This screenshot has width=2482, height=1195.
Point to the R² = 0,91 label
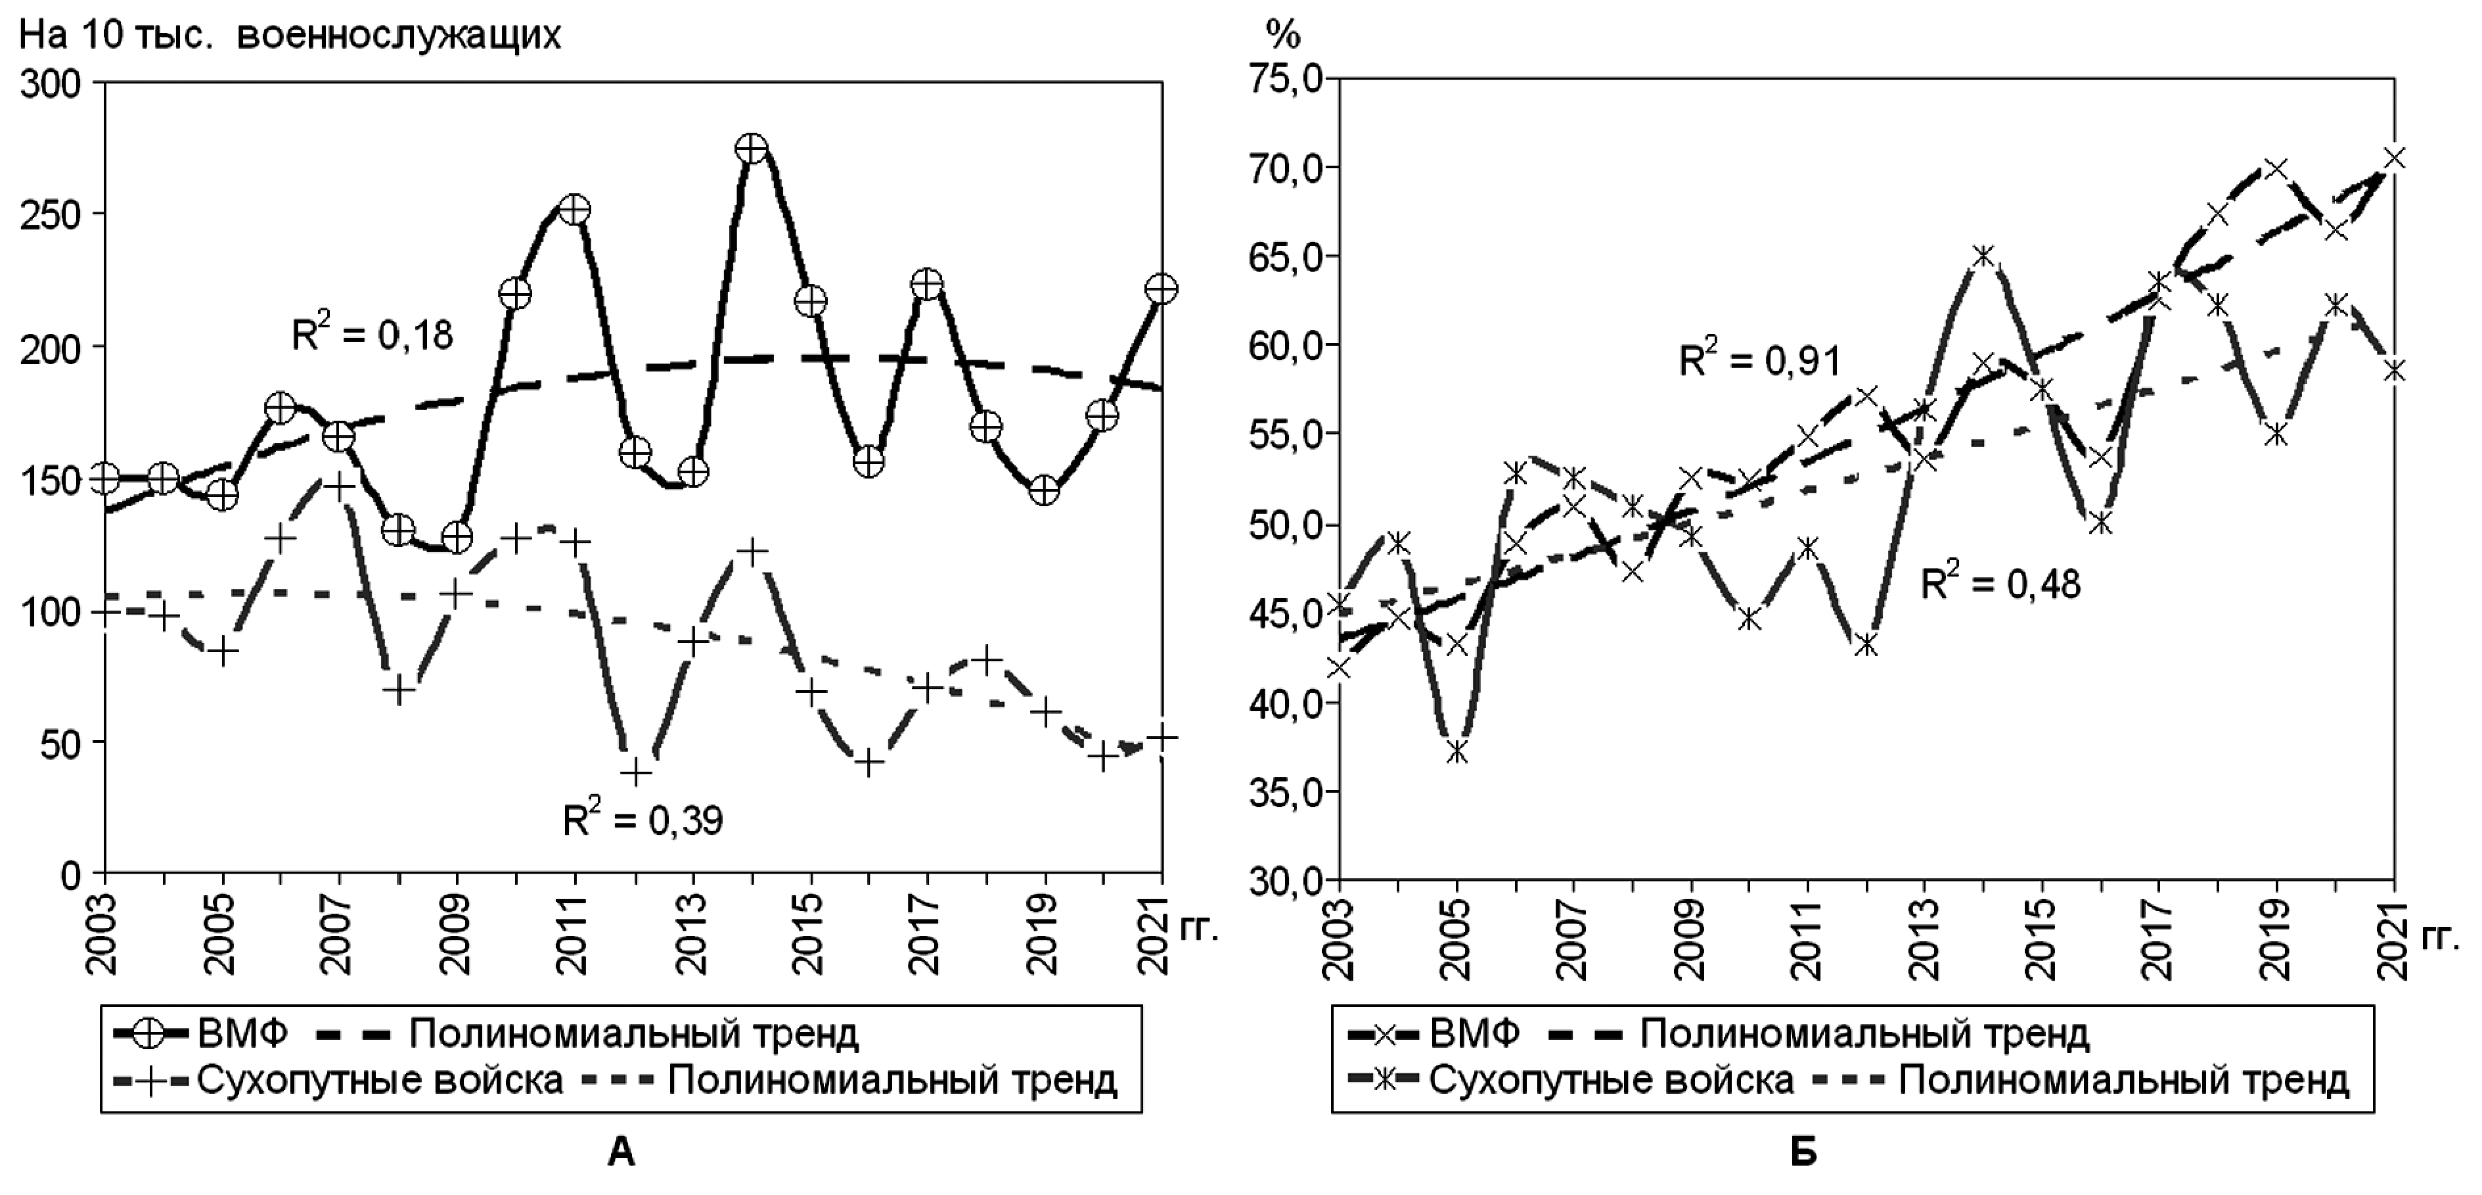click(1759, 360)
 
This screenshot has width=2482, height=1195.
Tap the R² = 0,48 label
click(2001, 583)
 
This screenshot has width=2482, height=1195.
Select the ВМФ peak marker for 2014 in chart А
click(752, 149)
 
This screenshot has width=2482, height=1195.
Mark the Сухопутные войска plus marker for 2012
click(635, 772)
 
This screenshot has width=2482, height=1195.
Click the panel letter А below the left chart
click(621, 1152)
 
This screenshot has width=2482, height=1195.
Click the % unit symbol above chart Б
click(1282, 35)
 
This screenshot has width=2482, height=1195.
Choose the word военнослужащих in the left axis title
click(398, 35)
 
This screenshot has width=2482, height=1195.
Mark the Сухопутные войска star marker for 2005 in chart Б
click(1457, 753)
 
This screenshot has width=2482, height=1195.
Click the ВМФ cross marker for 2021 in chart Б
click(2393, 158)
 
